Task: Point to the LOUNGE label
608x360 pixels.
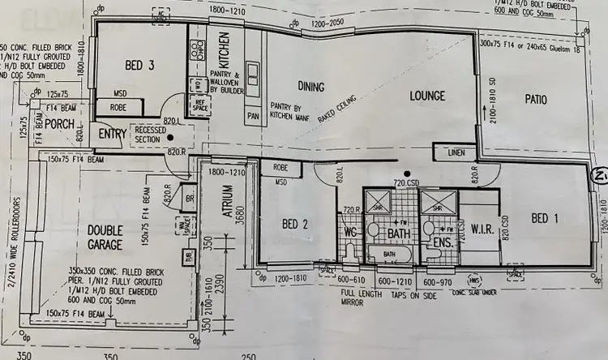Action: (x=427, y=96)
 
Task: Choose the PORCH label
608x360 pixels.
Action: (x=60, y=124)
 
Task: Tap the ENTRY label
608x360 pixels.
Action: (x=111, y=135)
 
